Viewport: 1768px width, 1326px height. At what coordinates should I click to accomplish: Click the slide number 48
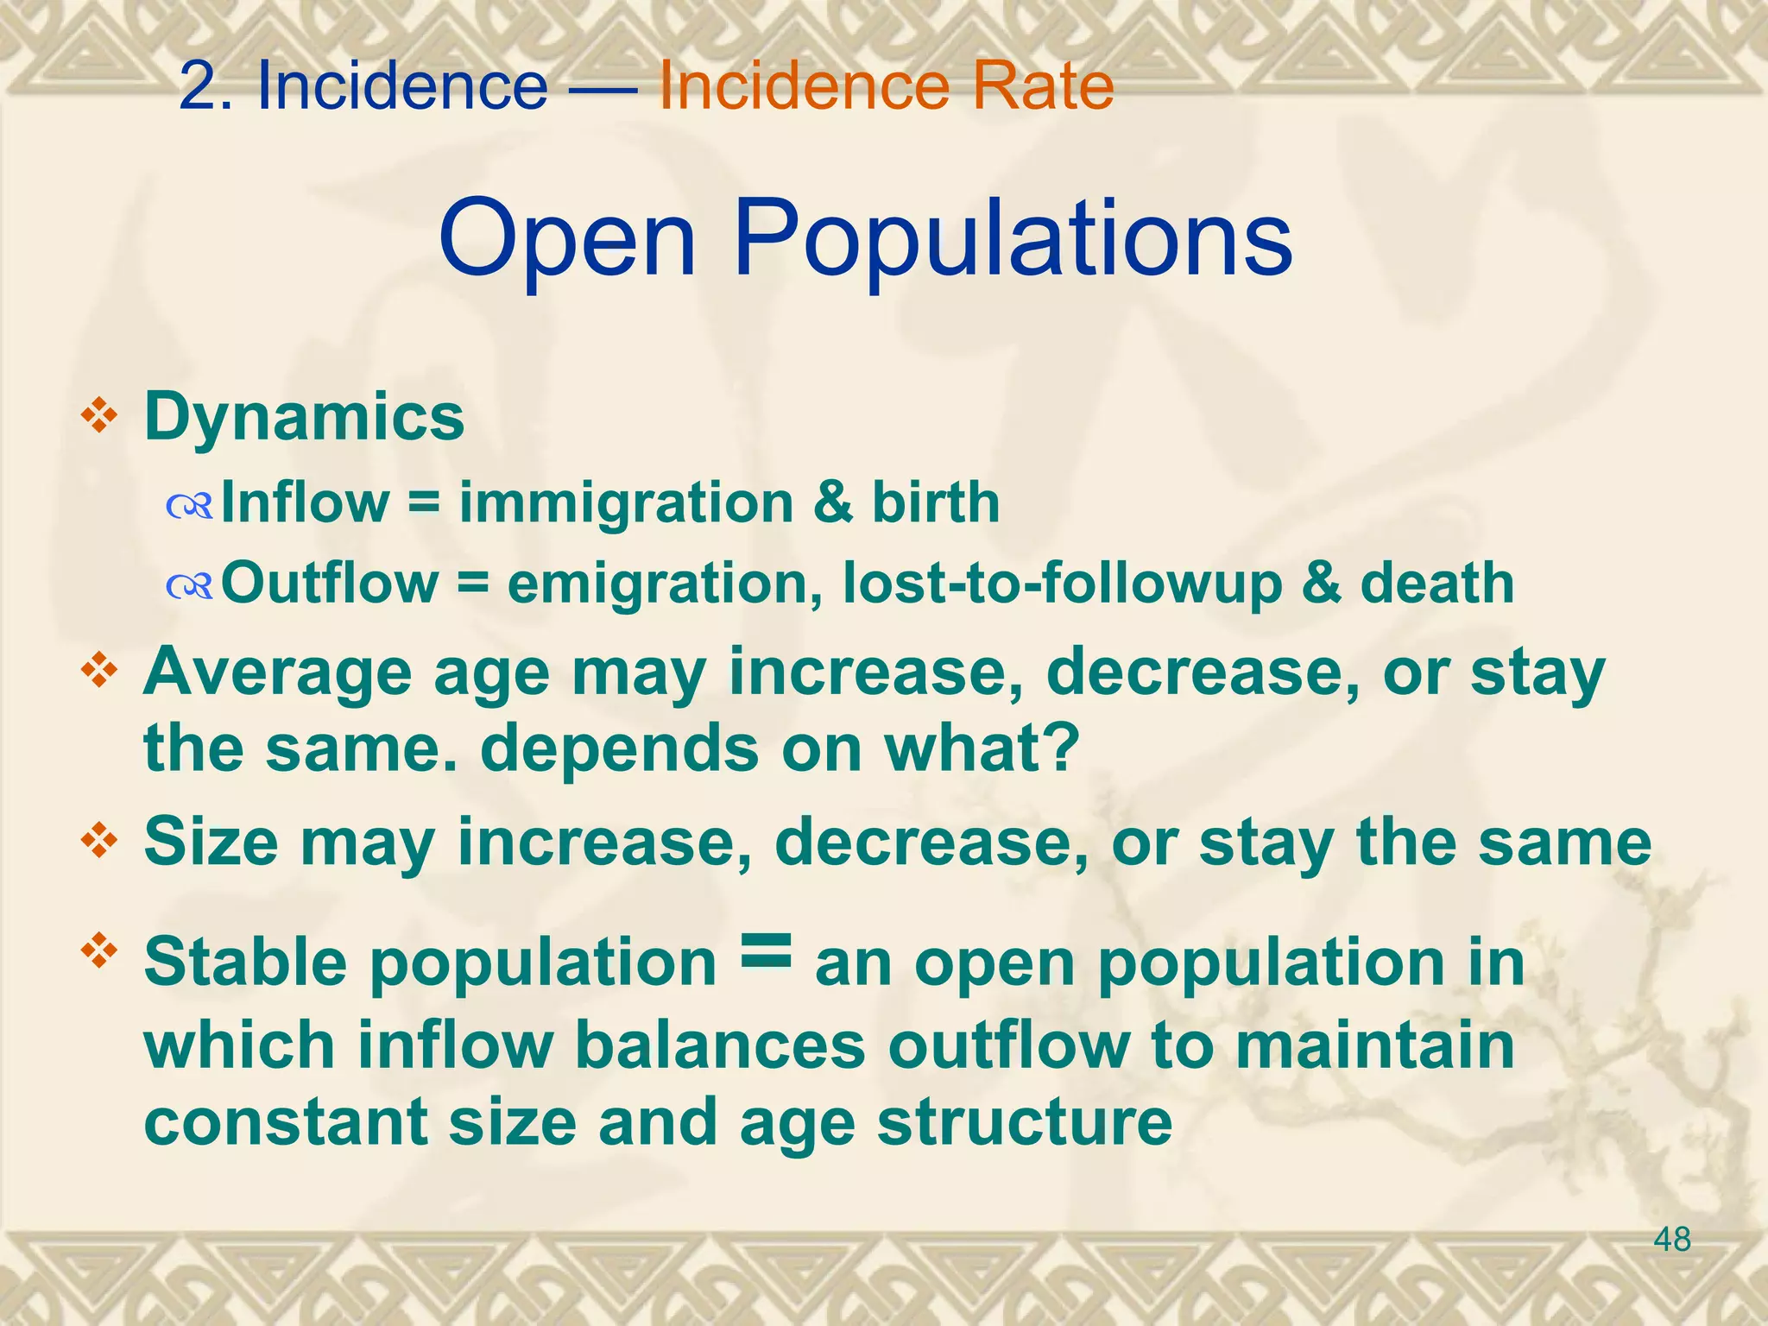pyautogui.click(x=1672, y=1241)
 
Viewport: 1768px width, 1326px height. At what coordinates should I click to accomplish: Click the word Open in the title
pyautogui.click(x=566, y=239)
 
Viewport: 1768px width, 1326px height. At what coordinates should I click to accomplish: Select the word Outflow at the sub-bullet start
pyautogui.click(x=329, y=583)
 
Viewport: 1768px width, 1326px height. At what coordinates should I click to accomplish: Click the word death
pyautogui.click(x=1436, y=583)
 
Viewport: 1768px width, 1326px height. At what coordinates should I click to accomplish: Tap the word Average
pyautogui.click(x=277, y=672)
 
